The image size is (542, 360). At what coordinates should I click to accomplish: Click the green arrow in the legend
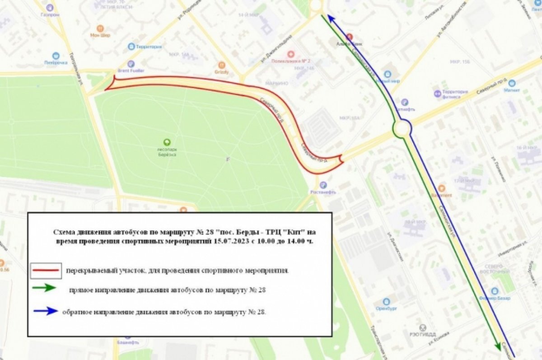[44, 288]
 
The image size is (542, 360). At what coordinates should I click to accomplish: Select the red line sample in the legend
[46, 271]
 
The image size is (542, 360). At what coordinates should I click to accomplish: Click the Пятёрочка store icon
[56, 56]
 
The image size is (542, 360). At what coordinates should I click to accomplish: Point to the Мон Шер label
[100, 35]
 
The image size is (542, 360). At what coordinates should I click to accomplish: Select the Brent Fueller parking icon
[131, 64]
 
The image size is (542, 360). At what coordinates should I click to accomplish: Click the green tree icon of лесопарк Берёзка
[167, 142]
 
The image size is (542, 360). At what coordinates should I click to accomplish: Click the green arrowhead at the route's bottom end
[498, 343]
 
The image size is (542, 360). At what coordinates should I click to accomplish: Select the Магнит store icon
[512, 83]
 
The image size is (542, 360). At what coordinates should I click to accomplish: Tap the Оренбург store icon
[386, 302]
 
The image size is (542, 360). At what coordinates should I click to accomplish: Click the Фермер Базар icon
[495, 291]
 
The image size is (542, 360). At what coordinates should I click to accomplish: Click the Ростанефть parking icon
[323, 185]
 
